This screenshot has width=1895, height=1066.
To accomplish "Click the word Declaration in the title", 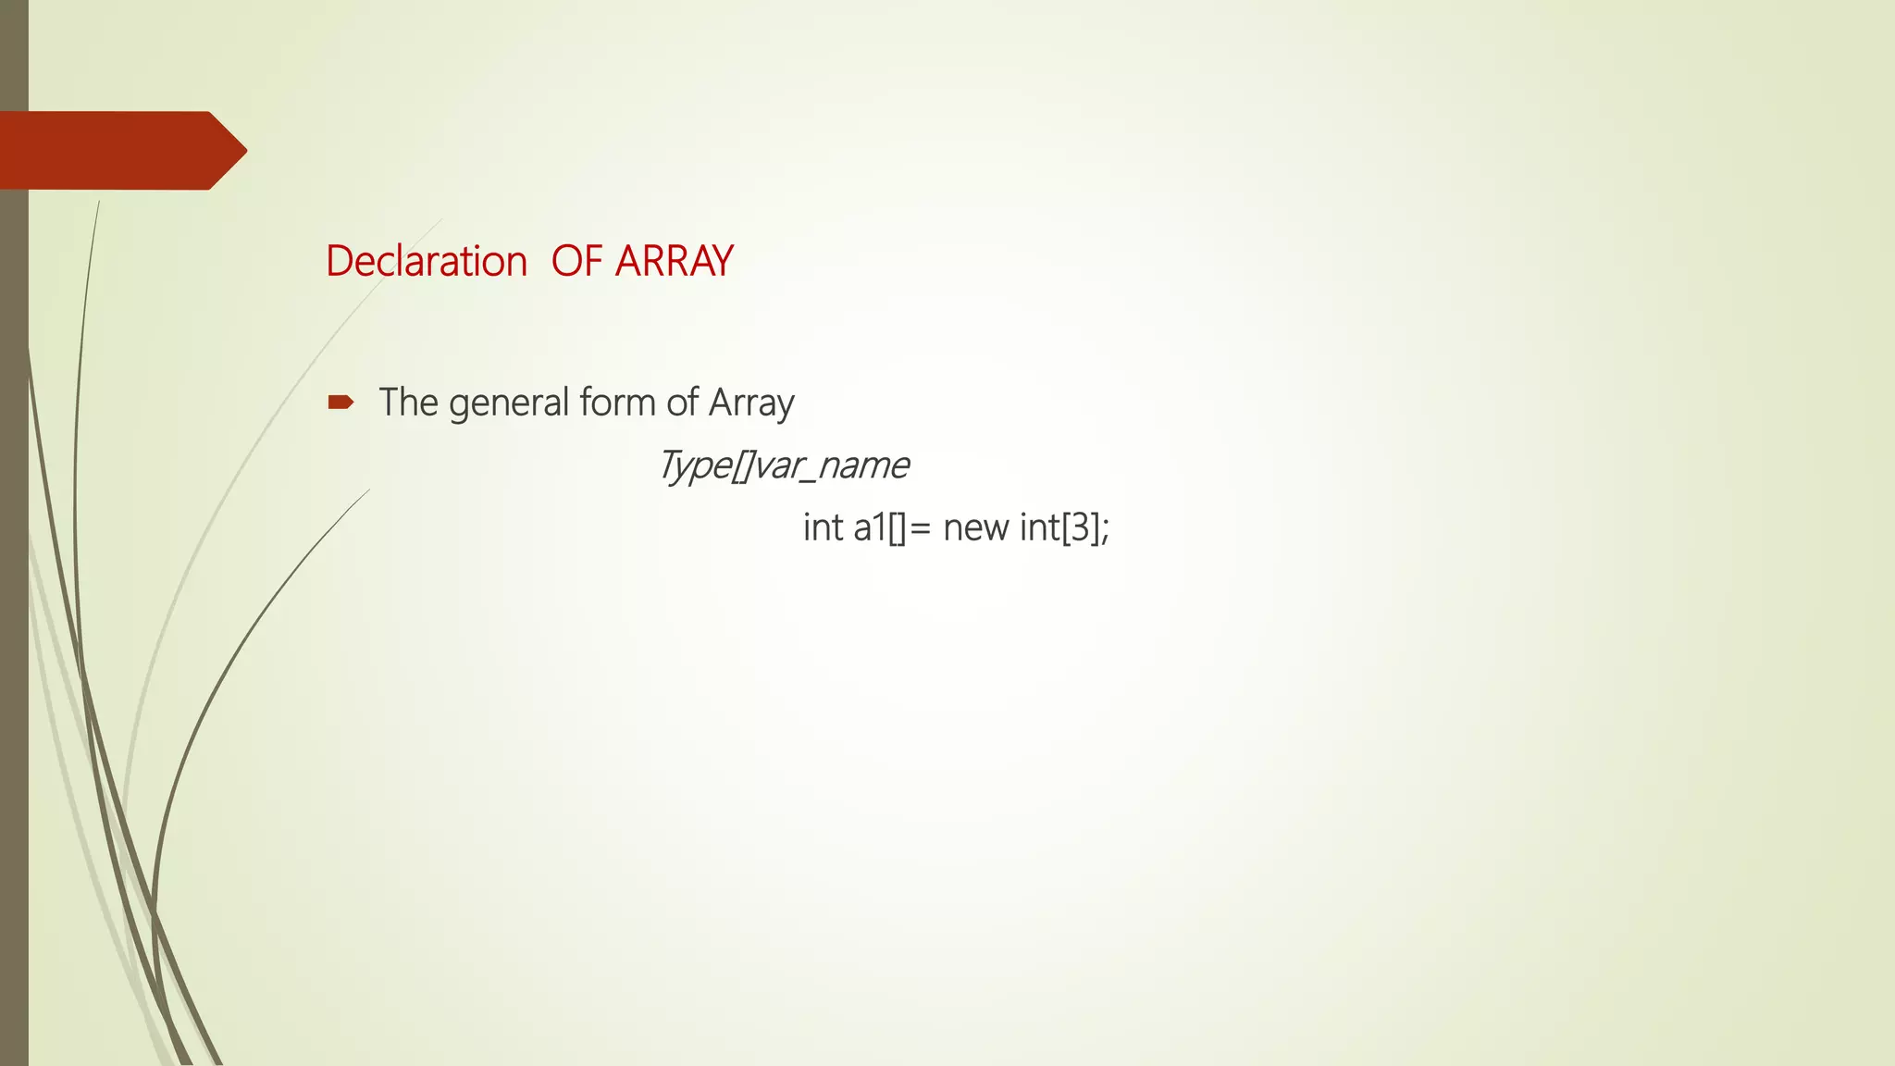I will (x=426, y=261).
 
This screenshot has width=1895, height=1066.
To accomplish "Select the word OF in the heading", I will (x=576, y=261).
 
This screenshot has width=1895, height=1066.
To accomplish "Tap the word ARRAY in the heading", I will (x=674, y=261).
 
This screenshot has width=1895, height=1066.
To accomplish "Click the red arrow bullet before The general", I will (x=341, y=402).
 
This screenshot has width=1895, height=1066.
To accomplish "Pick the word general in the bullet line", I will (x=509, y=404).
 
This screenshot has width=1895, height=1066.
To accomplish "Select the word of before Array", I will (x=682, y=403).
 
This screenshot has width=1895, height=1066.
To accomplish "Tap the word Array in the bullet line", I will (x=750, y=404).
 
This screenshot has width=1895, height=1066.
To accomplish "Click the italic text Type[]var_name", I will (x=783, y=465).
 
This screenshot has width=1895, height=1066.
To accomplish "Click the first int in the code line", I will (x=823, y=527).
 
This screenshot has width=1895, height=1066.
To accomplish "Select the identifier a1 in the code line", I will (x=870, y=527).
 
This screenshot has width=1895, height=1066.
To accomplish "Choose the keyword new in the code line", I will (x=975, y=528).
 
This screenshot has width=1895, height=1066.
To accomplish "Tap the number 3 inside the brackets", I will (x=1080, y=527).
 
